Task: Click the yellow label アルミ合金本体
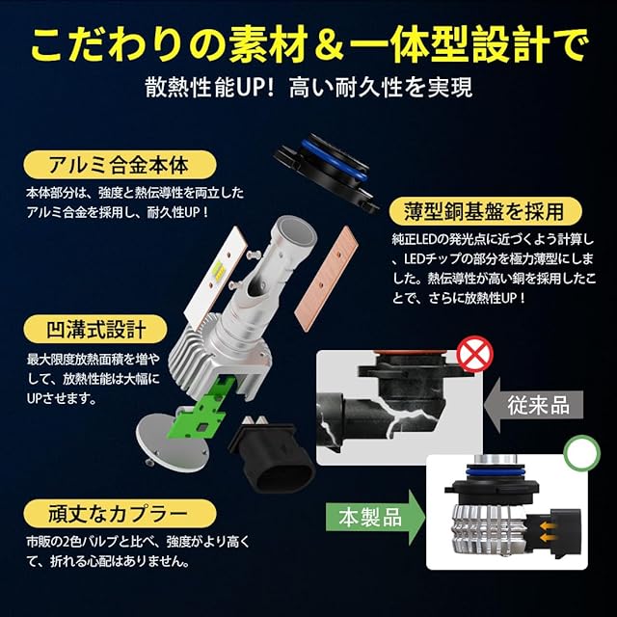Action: coord(120,165)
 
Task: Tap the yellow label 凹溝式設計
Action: coord(95,329)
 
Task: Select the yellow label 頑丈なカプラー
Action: coord(120,514)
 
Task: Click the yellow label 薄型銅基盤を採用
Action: coord(485,211)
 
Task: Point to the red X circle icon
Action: coord(475,354)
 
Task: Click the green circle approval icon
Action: coord(582,452)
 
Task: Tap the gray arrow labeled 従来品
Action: coord(533,405)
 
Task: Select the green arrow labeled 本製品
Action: coord(375,517)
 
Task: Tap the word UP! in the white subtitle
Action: coord(254,87)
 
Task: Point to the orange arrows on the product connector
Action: coord(549,532)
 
